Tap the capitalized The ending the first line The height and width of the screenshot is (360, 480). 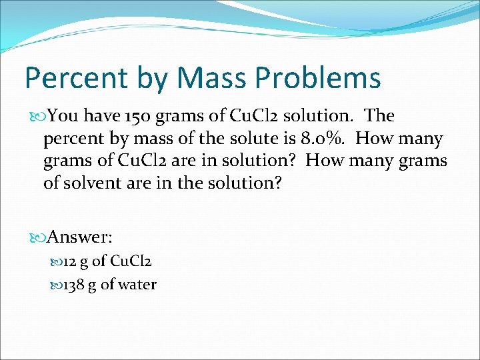380,116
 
